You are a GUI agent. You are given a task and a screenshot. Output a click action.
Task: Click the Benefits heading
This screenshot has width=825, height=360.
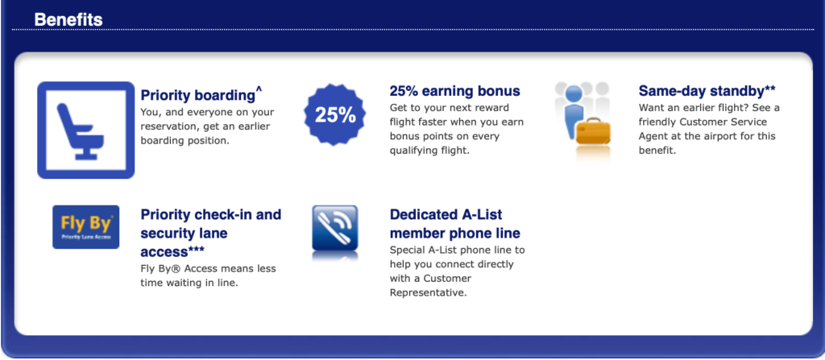click(68, 19)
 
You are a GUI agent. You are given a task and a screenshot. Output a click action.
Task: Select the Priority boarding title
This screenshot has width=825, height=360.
click(198, 95)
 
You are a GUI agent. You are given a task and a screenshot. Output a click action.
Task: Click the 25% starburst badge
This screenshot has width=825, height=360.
click(335, 114)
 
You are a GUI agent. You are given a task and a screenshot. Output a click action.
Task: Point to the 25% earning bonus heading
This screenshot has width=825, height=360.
click(454, 91)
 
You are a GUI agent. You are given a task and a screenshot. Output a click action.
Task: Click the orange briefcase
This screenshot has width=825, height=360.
click(592, 131)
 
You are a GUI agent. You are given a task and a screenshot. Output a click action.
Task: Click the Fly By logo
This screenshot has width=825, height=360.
click(85, 227)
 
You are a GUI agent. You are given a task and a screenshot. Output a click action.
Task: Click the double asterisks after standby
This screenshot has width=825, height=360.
click(769, 88)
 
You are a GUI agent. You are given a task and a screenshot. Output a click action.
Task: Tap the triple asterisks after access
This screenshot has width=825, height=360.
click(197, 249)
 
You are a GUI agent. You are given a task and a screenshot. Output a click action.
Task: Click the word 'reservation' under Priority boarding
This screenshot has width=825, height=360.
click(168, 126)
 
